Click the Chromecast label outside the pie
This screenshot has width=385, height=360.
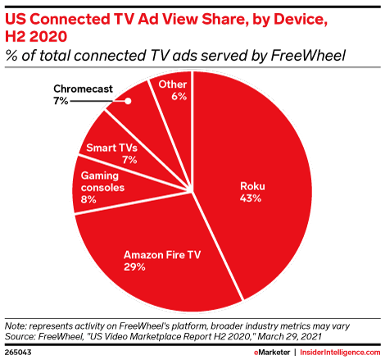click(84, 88)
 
